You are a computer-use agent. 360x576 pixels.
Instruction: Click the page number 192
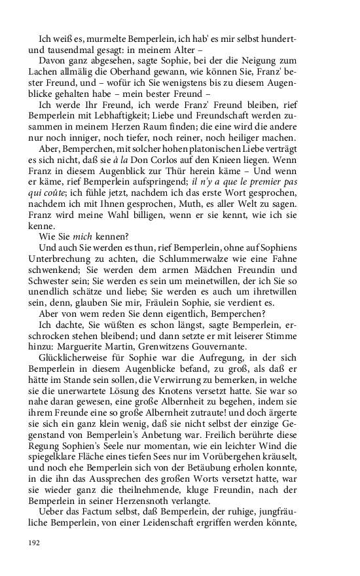click(35, 543)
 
